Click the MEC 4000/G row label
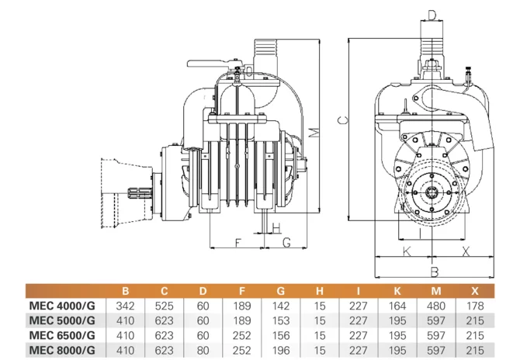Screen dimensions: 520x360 coord(62,306)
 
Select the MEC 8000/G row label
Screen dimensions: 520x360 coord(62,350)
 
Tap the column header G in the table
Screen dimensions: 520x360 coord(281,291)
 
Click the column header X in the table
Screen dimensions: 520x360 coord(475,291)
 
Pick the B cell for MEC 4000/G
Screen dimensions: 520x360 coord(126,306)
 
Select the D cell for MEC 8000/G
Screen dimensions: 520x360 coord(203,350)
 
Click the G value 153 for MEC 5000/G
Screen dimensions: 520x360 coord(281,320)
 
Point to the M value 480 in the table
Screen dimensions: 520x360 coord(436,306)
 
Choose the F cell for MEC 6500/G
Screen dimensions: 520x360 coord(241,335)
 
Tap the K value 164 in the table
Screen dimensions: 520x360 coord(397,306)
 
